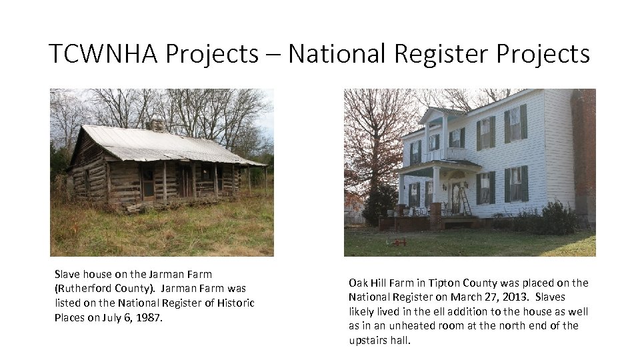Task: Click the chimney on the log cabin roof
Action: (x=157, y=125)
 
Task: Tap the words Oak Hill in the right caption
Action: (x=371, y=283)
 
